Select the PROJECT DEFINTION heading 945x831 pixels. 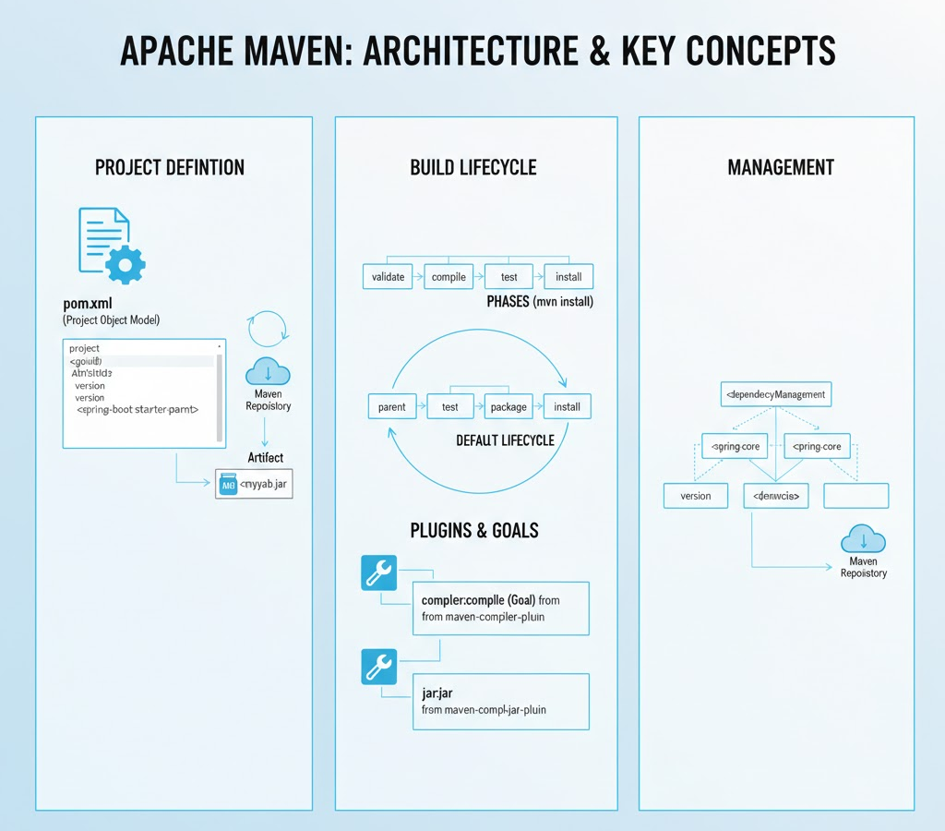pyautogui.click(x=170, y=167)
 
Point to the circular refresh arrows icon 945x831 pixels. pyautogui.click(x=269, y=329)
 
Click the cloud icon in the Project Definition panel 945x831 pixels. pyautogui.click(x=268, y=372)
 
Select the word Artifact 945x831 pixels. pyautogui.click(x=266, y=457)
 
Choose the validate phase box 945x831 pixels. pyautogui.click(x=389, y=276)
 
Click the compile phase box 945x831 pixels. pyautogui.click(x=449, y=276)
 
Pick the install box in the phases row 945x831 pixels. pyautogui.click(x=568, y=276)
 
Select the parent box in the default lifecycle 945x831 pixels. pyautogui.click(x=392, y=406)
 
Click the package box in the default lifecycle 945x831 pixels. pyautogui.click(x=508, y=406)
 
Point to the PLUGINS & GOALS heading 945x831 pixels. pyautogui.click(x=474, y=530)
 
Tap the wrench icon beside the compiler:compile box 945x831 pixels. pyautogui.click(x=377, y=573)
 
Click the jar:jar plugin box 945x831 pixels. pyautogui.click(x=500, y=702)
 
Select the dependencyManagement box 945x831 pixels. pyautogui.click(x=775, y=394)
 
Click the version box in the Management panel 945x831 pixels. pyautogui.click(x=696, y=496)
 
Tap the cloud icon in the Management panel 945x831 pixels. pyautogui.click(x=863, y=539)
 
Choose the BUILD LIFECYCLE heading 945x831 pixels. pyautogui.click(x=473, y=167)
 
